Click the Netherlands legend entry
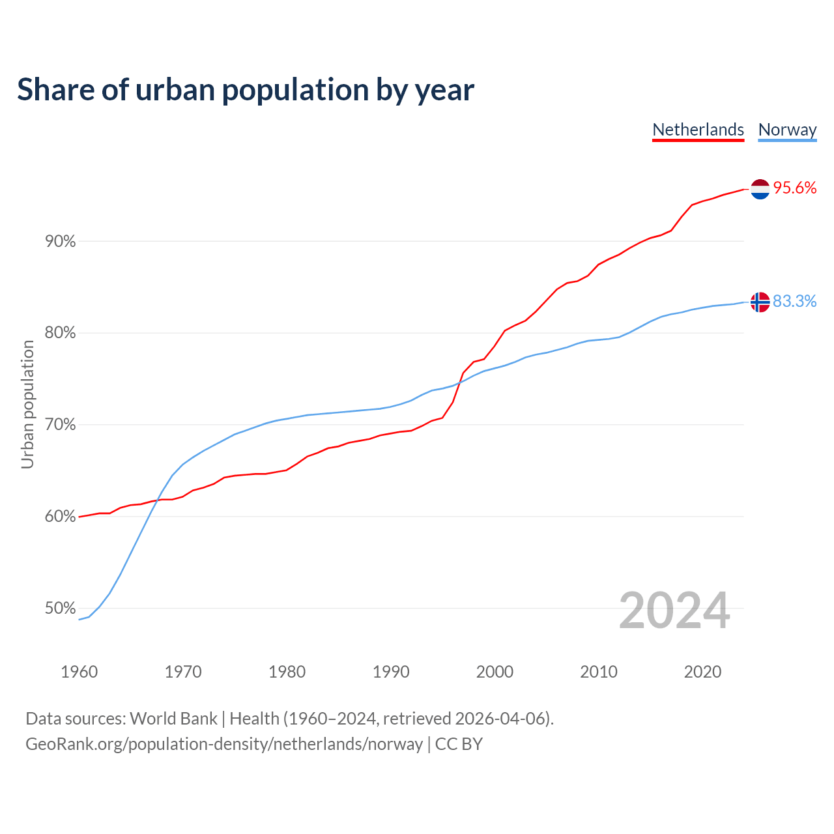[x=698, y=130]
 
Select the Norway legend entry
[x=787, y=130]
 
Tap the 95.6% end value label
[x=795, y=188]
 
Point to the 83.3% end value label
[x=795, y=301]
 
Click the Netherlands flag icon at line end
[x=760, y=189]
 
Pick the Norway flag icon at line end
[x=760, y=302]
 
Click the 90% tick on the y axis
[x=60, y=242]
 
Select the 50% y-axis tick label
[x=60, y=609]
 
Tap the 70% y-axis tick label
[x=60, y=425]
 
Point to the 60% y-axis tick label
[x=60, y=517]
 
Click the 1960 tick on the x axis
[x=79, y=672]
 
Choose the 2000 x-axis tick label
[x=495, y=672]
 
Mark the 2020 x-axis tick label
[x=702, y=672]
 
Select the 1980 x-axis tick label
[x=287, y=672]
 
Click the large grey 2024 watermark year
[x=674, y=611]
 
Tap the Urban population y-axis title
[x=27, y=404]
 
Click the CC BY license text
[x=459, y=744]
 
